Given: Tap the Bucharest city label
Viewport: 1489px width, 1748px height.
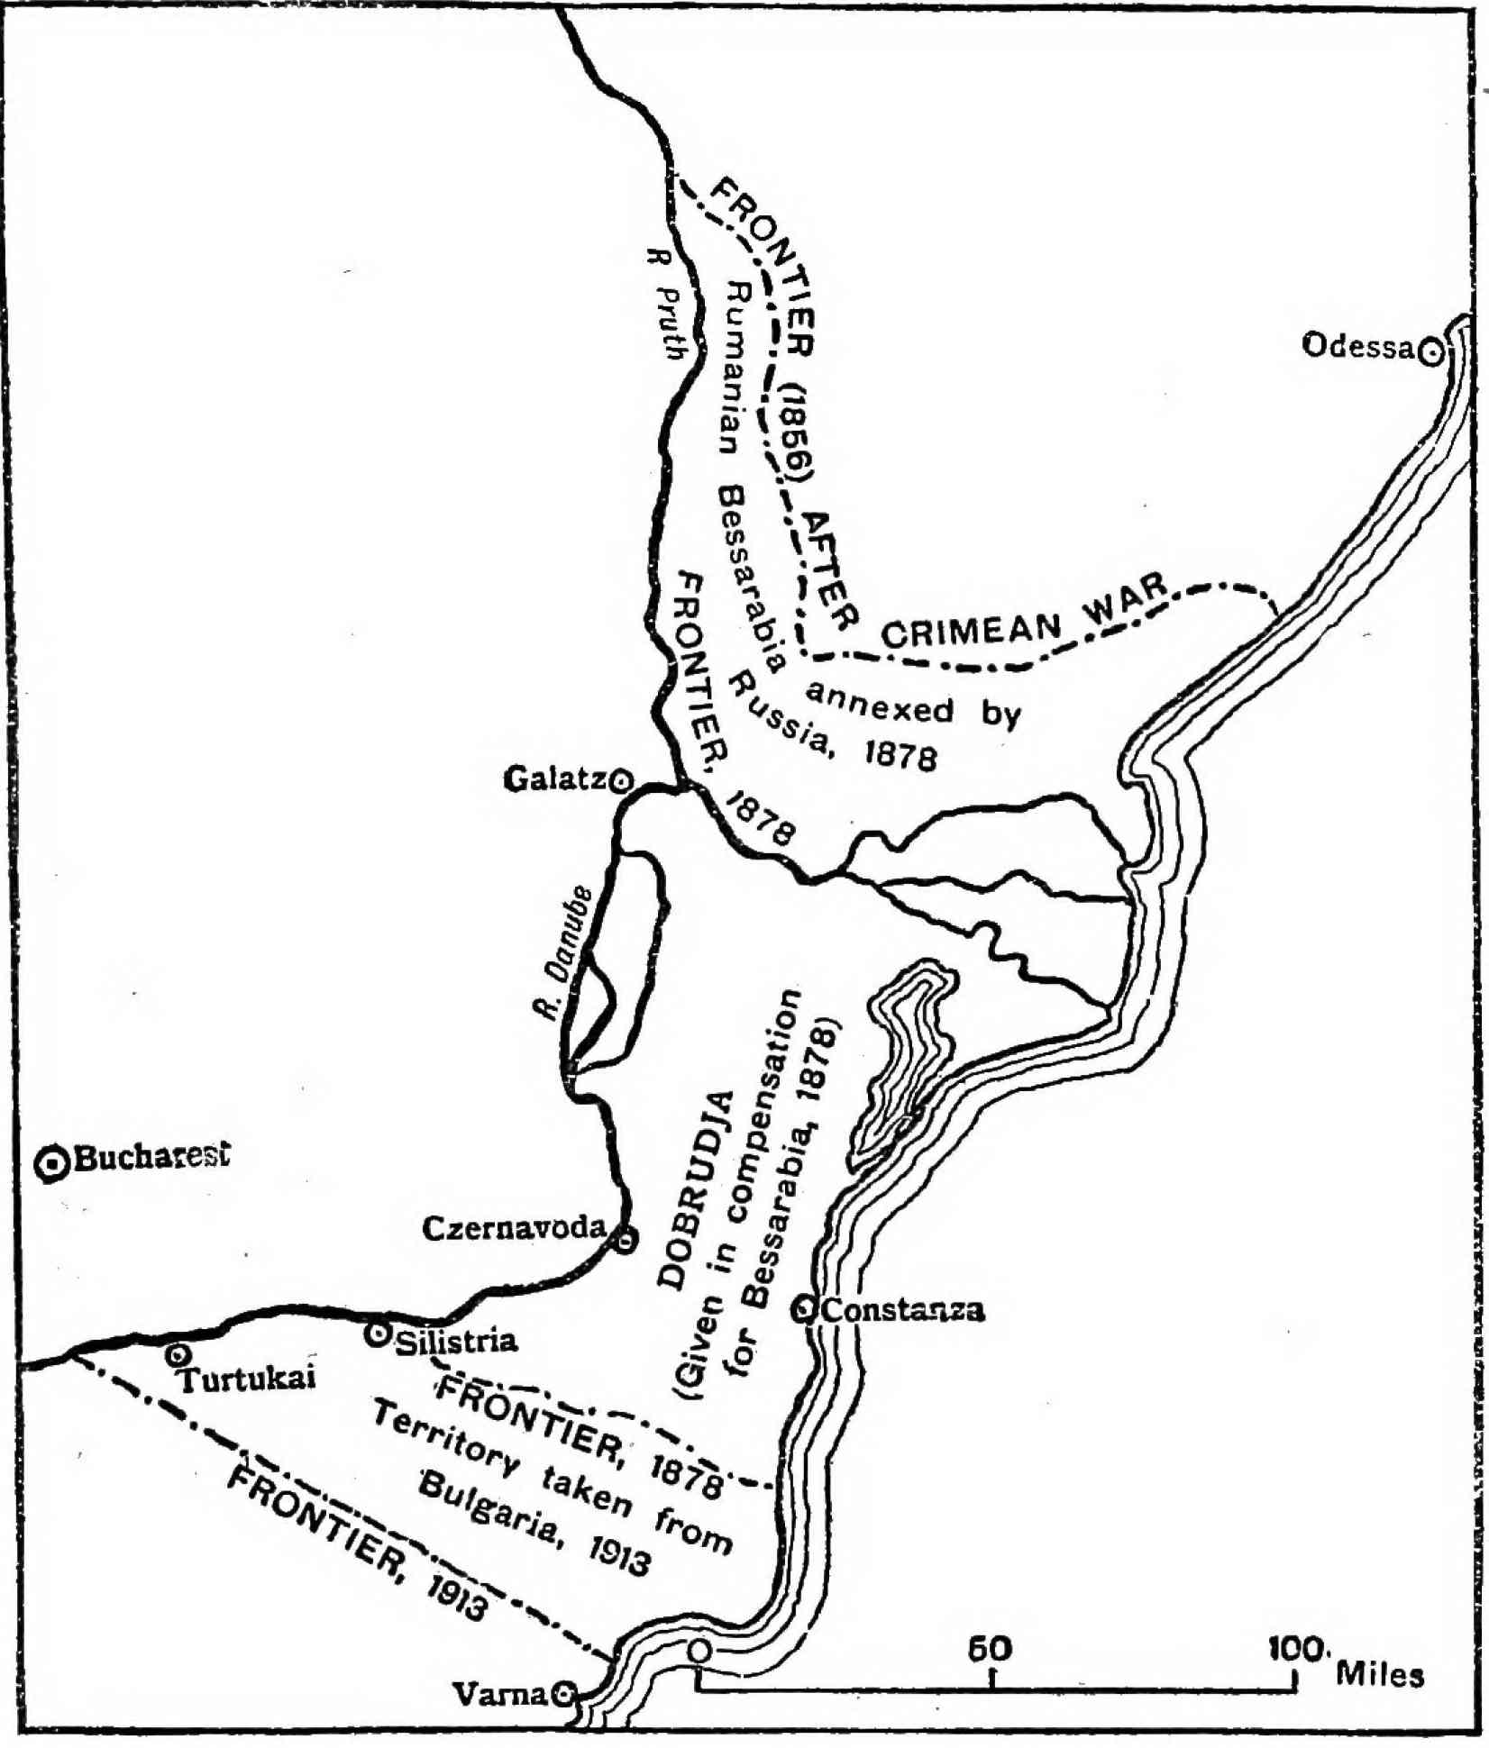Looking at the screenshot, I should click(150, 1157).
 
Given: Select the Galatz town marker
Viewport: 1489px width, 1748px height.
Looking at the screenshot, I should click(620, 781).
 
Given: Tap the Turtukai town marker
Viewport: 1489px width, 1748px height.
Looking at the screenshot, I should click(178, 1354).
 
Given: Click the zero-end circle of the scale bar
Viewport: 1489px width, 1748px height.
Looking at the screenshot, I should click(699, 1652).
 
